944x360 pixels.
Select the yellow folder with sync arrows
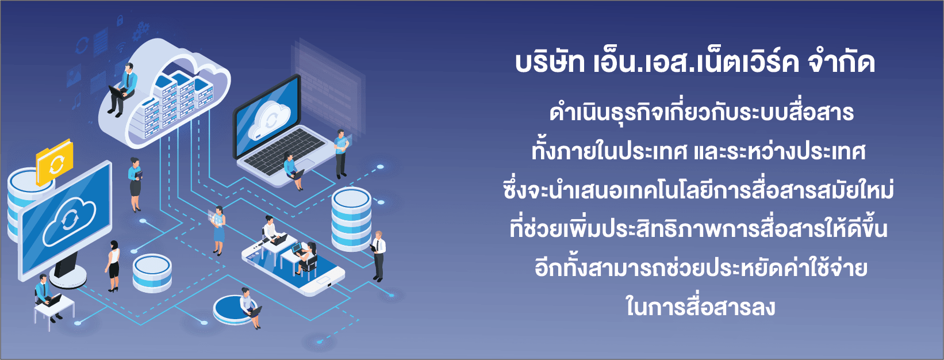click(55, 162)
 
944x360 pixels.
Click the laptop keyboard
click(285, 152)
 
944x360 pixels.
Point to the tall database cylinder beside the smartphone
click(351, 219)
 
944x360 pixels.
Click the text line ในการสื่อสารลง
click(700, 307)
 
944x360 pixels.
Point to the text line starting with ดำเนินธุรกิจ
click(701, 113)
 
